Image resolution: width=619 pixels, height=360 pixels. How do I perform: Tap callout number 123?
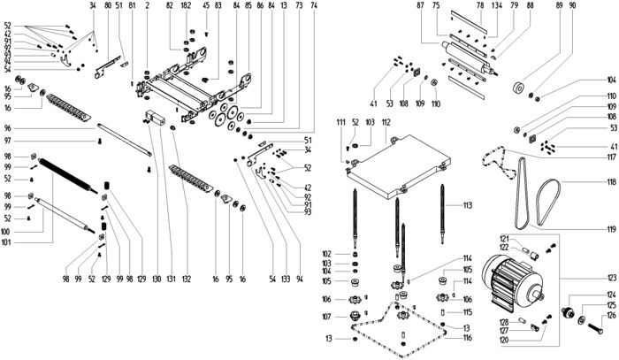click(610, 278)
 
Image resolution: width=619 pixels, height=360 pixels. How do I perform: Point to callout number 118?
click(610, 182)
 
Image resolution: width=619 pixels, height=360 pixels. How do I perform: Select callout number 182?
click(186, 6)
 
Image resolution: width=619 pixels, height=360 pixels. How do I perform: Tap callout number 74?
click(313, 6)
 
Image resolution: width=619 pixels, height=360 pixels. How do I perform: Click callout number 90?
click(572, 6)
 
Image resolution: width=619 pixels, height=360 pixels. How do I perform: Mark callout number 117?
click(610, 157)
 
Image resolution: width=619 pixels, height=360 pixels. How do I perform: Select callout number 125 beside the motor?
click(610, 305)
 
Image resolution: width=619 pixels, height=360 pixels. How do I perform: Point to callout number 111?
click(340, 121)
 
